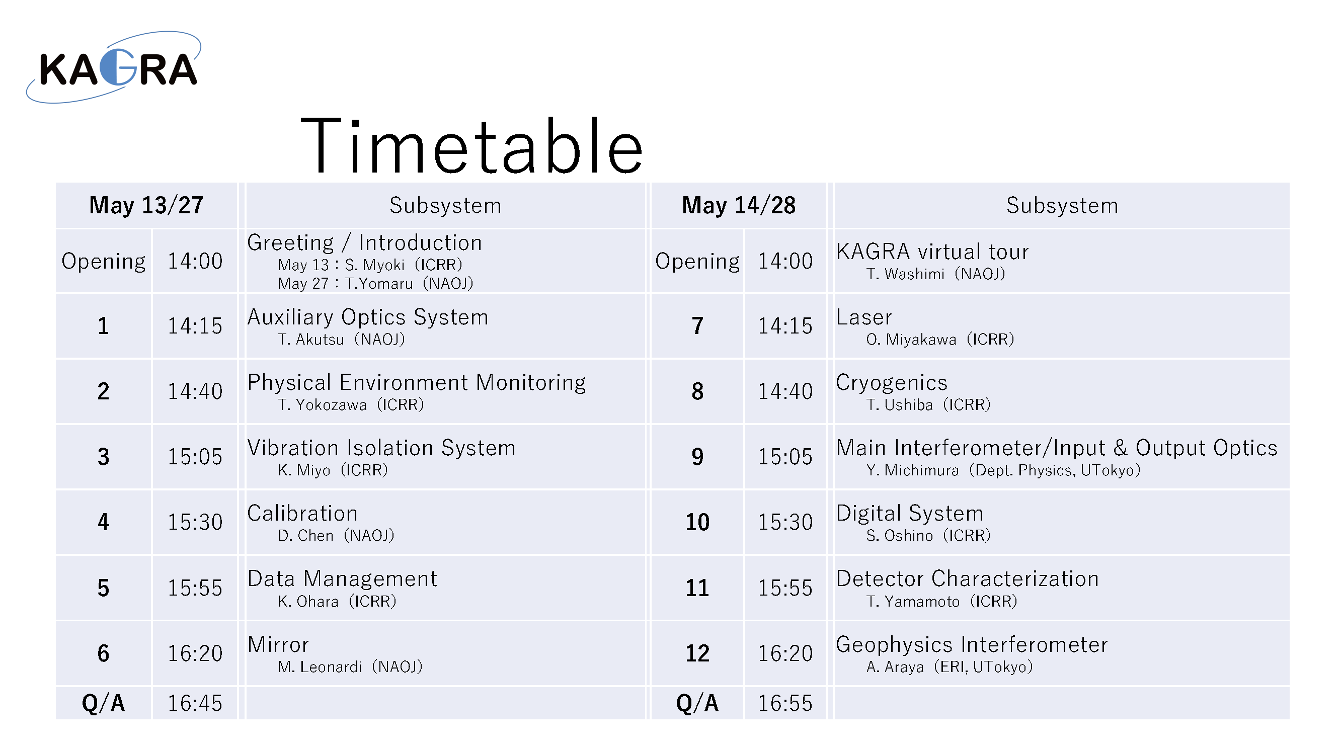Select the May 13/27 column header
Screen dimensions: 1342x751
pos(146,205)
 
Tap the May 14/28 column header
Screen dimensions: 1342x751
pos(739,205)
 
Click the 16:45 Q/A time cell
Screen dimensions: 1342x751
pos(195,703)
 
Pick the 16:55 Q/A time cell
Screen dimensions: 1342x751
pos(785,703)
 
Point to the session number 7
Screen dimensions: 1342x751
pos(697,326)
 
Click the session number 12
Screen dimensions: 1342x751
pos(697,653)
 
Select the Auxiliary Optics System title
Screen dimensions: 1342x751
pos(368,317)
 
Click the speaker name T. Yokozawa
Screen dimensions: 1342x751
pos(322,404)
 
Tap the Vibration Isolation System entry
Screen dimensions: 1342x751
pos(381,448)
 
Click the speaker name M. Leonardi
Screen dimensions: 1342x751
pos(320,666)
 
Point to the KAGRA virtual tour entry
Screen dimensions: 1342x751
pos(932,252)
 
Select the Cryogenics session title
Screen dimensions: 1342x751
pos(891,383)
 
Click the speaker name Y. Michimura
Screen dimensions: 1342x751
pos(912,470)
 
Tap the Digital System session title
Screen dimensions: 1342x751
pos(910,514)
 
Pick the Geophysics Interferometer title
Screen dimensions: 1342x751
pos(972,645)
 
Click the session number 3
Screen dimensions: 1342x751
pos(103,457)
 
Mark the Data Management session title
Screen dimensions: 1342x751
pos(342,579)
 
